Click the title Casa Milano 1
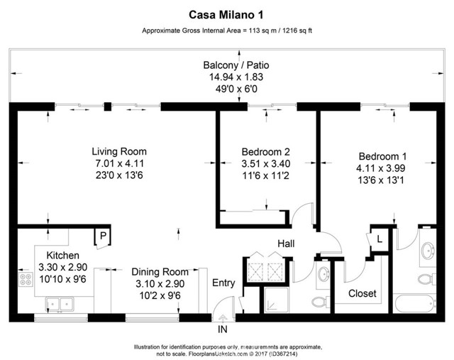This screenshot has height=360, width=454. point(226,15)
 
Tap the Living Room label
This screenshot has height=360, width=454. point(119,151)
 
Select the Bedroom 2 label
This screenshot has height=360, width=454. point(266,151)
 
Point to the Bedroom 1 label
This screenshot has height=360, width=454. point(382,156)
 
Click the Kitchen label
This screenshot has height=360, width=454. point(63,256)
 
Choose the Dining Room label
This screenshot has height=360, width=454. point(160,272)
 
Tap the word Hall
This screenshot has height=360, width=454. point(286,244)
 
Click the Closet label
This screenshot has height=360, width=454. point(362,293)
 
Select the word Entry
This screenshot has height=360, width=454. point(223,283)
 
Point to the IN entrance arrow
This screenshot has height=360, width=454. point(223,319)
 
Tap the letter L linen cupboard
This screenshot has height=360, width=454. point(380,239)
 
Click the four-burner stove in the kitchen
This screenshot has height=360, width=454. point(26,279)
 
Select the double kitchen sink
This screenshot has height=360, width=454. point(60,305)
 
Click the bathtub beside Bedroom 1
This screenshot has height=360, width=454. point(414,303)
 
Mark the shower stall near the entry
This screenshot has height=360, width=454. point(277,300)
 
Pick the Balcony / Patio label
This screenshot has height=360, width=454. point(236,65)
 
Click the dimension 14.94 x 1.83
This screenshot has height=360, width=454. point(236,77)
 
